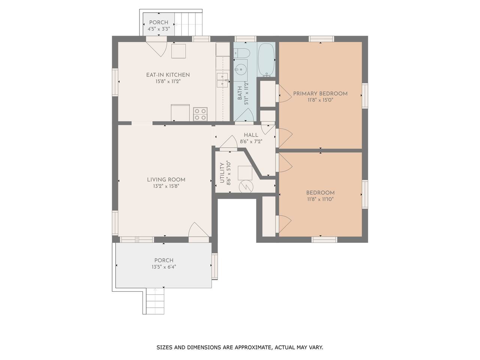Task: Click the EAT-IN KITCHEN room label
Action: click(x=168, y=75)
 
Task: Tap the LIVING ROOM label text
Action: click(x=166, y=180)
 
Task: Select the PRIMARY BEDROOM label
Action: click(x=320, y=93)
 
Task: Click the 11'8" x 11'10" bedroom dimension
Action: click(x=320, y=199)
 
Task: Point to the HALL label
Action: click(x=251, y=135)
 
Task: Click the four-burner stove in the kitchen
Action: click(x=200, y=114)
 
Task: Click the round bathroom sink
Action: click(x=241, y=69)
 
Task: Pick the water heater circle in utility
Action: click(x=246, y=187)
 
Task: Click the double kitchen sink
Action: click(x=222, y=80)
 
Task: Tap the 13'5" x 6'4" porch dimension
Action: click(x=164, y=267)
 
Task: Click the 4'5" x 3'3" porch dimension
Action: click(x=159, y=29)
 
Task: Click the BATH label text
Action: click(x=240, y=93)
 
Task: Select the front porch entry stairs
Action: click(x=155, y=301)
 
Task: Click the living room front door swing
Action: click(x=198, y=229)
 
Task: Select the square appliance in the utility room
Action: click(x=245, y=173)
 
